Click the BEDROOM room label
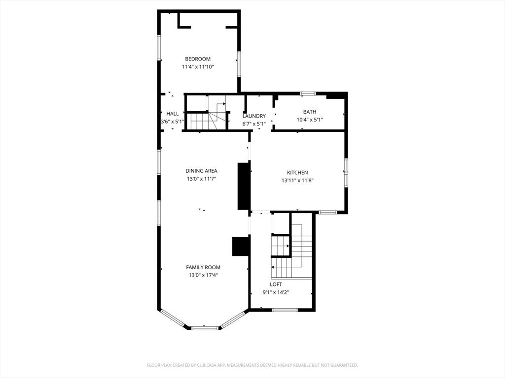tap(198, 59)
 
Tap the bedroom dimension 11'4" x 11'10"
tap(198, 67)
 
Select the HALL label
tap(173, 114)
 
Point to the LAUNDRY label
tap(254, 116)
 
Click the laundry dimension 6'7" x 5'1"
tap(254, 124)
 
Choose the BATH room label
tap(310, 112)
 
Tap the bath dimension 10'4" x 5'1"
tap(310, 120)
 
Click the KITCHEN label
tap(297, 173)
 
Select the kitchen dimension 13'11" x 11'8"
tap(297, 181)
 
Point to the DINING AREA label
tap(201, 171)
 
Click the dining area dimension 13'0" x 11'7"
tap(201, 179)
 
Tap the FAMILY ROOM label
tap(203, 267)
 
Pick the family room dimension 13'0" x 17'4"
tap(203, 275)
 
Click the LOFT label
tap(276, 284)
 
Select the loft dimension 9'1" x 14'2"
tap(276, 292)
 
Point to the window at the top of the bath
tap(308, 93)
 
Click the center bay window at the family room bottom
tap(205, 327)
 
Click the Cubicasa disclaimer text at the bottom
tap(252, 365)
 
